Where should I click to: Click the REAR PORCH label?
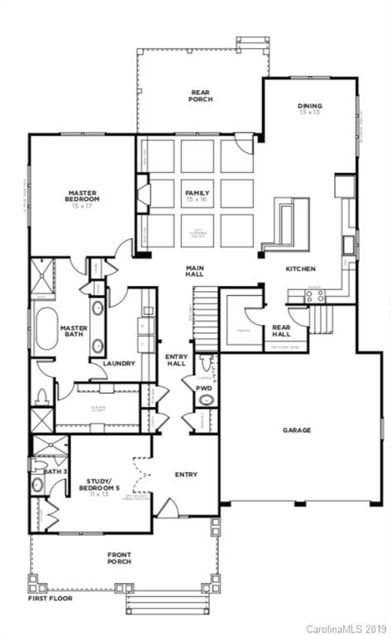pyautogui.click(x=200, y=95)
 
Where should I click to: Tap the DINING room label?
pyautogui.click(x=310, y=106)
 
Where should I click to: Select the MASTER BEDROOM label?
pyautogui.click(x=83, y=196)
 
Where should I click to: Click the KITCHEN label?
pyautogui.click(x=300, y=269)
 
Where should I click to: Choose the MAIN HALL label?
pyautogui.click(x=195, y=271)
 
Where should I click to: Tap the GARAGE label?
pyautogui.click(x=296, y=430)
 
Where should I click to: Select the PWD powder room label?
pyautogui.click(x=203, y=387)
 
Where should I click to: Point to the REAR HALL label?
pyautogui.click(x=282, y=331)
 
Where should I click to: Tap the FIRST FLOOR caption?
pyautogui.click(x=49, y=598)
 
